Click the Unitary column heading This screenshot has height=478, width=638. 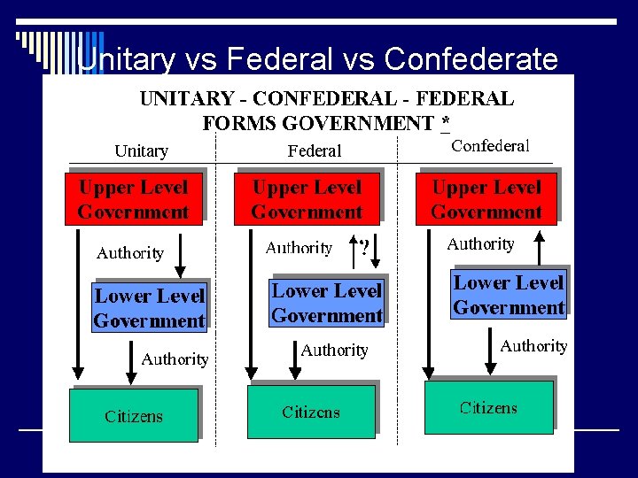point(141,151)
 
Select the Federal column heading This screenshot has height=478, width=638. point(315,151)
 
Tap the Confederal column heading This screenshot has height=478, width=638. point(490,146)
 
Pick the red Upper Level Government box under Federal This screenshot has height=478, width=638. point(307,199)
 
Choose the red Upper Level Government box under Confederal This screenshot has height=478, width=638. point(486,199)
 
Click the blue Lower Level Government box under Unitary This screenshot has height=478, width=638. point(149,307)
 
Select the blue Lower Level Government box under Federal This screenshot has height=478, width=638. point(326,303)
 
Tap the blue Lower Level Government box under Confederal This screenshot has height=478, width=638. point(509,295)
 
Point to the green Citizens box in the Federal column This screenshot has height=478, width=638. point(311,412)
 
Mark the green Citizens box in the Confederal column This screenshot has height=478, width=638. point(488,408)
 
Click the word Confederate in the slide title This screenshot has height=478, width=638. point(472,59)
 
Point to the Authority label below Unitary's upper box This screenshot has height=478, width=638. point(130,253)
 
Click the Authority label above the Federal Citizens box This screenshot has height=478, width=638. point(334,351)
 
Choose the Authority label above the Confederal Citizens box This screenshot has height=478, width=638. point(533,346)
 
